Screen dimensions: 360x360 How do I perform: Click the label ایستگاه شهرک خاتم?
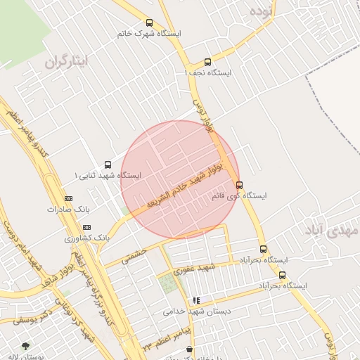point(149,34)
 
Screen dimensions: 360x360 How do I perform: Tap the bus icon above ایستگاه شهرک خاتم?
point(149,22)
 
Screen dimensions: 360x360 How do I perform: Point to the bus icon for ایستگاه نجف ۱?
point(207,62)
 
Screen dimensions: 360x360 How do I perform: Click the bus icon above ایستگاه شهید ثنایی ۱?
point(108,165)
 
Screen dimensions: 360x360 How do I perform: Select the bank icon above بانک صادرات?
point(68,199)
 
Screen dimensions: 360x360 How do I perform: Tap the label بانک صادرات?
point(70,210)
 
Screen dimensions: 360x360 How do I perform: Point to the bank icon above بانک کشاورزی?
point(86,228)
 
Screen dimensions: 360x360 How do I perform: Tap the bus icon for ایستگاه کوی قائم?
point(240,186)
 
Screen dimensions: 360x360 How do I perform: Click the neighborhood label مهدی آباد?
point(332,230)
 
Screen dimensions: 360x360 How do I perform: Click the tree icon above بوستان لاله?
point(26,346)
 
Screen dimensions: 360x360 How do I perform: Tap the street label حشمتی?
point(134,256)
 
